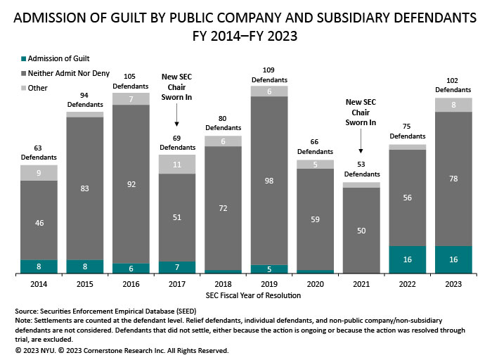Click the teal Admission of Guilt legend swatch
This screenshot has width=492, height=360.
click(22, 58)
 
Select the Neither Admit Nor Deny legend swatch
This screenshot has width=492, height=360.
click(22, 72)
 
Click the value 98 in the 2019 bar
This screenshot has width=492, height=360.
click(269, 181)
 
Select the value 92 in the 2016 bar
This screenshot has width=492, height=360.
click(131, 185)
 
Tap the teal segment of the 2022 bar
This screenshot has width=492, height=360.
click(407, 259)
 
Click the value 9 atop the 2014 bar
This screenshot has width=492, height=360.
click(39, 173)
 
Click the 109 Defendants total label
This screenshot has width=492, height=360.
click(269, 75)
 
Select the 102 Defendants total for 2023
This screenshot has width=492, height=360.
click(453, 85)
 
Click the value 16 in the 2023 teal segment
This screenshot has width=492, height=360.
click(453, 259)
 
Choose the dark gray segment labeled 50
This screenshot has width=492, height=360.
click(361, 230)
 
